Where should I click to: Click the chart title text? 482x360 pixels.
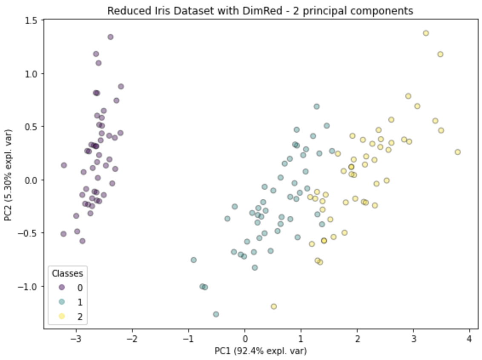[x=260, y=11]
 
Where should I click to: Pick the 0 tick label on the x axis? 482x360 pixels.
[x=245, y=339]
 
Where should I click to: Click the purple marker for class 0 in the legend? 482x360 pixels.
[x=62, y=288]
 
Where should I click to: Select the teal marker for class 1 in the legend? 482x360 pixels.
[x=62, y=302]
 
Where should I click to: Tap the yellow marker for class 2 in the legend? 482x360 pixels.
[x=62, y=316]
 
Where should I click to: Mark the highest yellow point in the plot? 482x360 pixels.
[x=426, y=33]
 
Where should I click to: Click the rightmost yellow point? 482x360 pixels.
[x=458, y=152]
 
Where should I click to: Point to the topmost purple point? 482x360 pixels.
[x=110, y=37]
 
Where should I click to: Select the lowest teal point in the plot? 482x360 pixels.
[x=216, y=314]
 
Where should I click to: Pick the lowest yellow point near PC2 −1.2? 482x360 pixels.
[x=274, y=306]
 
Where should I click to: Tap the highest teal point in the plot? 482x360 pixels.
[x=316, y=106]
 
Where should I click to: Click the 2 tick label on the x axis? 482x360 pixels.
[x=357, y=339]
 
